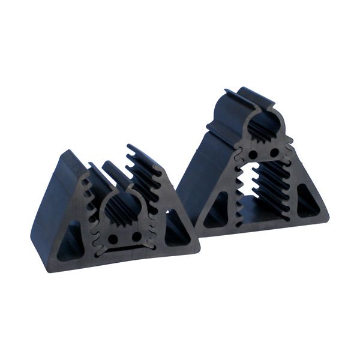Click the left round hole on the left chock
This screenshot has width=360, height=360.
click(113, 238)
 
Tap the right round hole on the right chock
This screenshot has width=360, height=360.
click(274, 153)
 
